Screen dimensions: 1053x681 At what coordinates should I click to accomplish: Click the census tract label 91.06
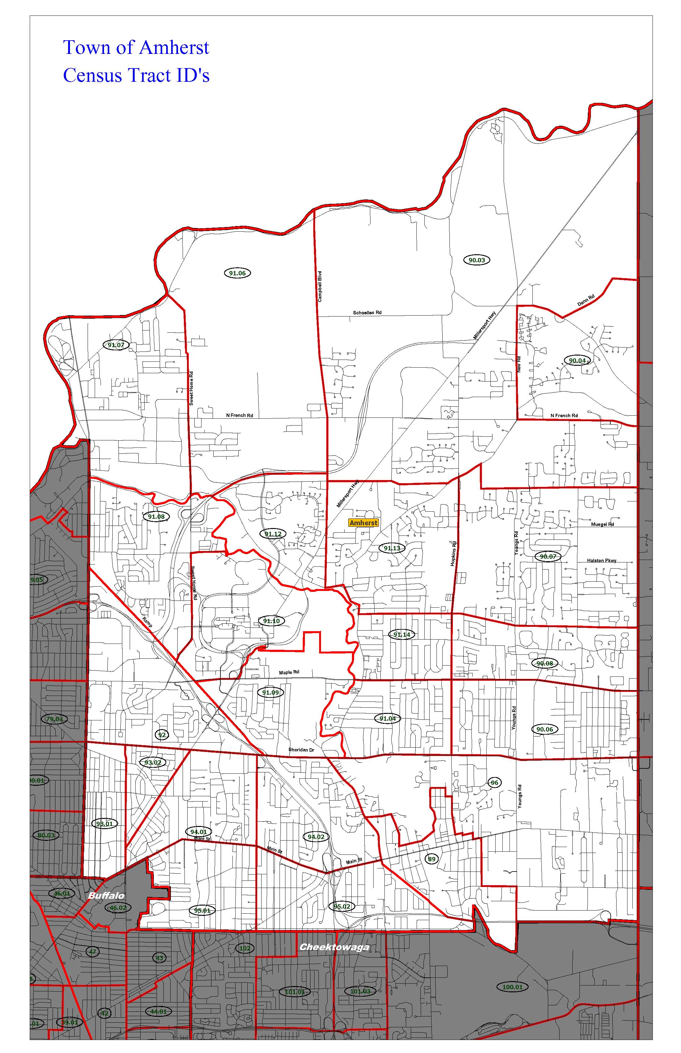click(237, 273)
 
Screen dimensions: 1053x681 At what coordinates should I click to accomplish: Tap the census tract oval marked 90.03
click(477, 260)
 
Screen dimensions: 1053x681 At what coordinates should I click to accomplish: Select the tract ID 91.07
click(116, 345)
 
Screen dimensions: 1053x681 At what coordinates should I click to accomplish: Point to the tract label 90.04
click(577, 360)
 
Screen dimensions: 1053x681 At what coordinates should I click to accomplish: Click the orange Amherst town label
click(363, 522)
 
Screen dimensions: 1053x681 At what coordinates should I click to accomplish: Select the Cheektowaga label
click(334, 947)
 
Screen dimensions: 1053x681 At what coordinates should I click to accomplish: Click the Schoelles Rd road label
click(367, 312)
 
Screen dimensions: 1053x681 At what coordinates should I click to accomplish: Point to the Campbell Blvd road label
click(320, 287)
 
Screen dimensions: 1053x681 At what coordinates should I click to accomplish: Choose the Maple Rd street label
click(289, 672)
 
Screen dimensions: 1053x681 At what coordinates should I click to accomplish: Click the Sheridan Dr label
click(301, 750)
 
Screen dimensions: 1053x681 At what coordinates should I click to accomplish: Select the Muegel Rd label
click(602, 524)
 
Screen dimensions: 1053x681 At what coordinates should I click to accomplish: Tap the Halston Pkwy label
click(601, 561)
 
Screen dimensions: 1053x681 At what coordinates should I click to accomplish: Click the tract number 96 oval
click(494, 783)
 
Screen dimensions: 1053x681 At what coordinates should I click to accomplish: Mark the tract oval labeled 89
click(432, 859)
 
